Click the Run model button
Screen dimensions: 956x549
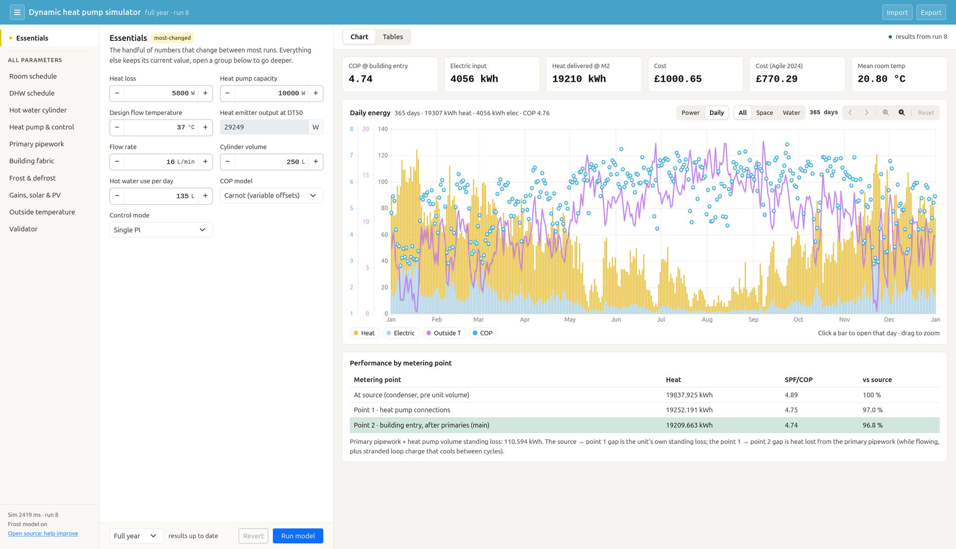coord(298,536)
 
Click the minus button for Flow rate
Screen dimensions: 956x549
coord(117,162)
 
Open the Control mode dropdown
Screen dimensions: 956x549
coord(161,229)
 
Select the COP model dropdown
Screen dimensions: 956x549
coord(271,195)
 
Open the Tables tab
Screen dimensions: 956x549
coord(393,37)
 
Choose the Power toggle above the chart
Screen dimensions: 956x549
coord(690,112)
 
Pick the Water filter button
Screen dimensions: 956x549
coord(791,112)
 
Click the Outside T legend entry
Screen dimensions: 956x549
coord(444,333)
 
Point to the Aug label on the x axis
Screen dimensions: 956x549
coord(707,320)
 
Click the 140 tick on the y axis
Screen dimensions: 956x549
coord(382,129)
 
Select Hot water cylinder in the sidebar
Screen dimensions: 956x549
coord(38,110)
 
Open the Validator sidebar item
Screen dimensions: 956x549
coord(23,229)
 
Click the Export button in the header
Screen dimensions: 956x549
coord(931,12)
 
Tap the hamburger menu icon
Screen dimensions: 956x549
coord(17,12)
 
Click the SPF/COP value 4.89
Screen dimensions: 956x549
coord(791,395)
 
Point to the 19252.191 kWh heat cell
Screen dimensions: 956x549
coord(689,410)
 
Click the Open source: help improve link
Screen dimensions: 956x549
coord(43,533)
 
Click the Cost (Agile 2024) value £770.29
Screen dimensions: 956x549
coord(777,79)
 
